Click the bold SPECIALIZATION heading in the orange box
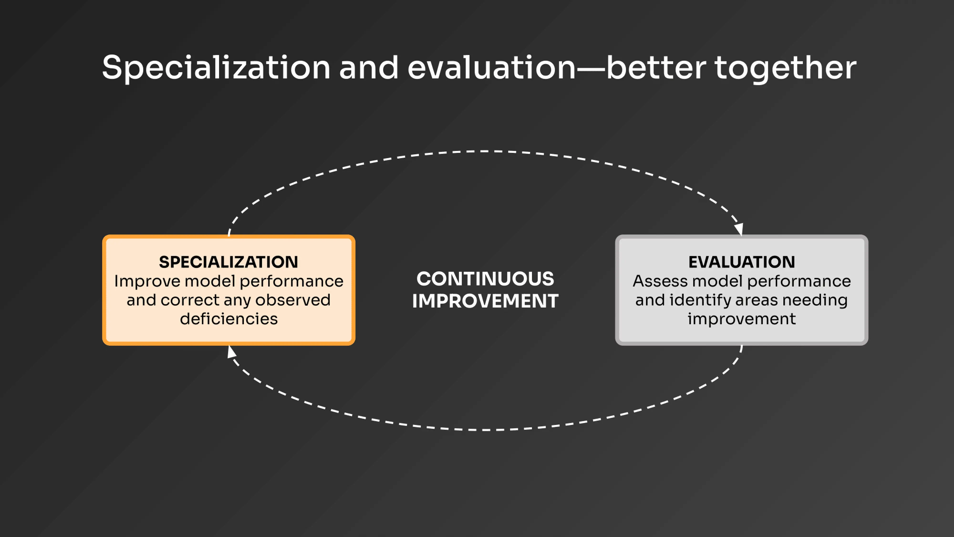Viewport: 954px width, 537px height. [x=228, y=262]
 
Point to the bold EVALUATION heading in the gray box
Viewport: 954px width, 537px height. [x=741, y=262]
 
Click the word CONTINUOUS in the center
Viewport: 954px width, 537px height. [x=485, y=279]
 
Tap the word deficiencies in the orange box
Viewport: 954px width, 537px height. [x=228, y=319]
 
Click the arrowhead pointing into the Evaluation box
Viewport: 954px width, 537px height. [x=739, y=229]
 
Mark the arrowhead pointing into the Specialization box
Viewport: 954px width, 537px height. [x=231, y=351]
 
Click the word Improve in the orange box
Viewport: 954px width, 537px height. [x=147, y=282]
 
